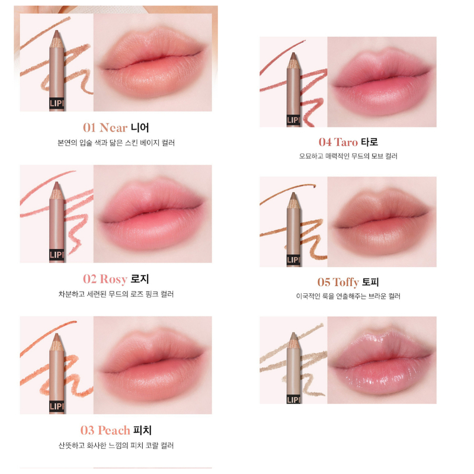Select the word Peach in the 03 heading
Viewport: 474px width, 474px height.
pos(114,430)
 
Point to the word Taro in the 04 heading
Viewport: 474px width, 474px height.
pos(346,142)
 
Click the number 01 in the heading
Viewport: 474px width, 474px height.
pos(89,127)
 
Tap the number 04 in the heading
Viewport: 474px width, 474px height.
pos(325,142)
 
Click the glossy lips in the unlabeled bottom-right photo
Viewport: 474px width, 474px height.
pos(382,362)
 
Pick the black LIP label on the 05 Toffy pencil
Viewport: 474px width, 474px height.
pos(292,260)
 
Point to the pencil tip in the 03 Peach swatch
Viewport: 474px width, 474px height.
pos(57,338)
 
